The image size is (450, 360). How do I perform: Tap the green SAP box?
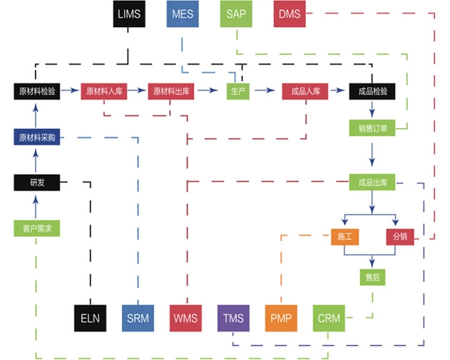237,14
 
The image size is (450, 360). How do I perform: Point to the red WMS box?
185,317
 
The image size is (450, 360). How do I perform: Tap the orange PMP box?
281,317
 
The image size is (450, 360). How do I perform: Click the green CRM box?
329,317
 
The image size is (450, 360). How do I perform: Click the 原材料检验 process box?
36,91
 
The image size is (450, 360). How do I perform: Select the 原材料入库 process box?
104,91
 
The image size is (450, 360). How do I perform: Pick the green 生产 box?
237,91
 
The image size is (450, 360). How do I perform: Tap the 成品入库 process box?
305,91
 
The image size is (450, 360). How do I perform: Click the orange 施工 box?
345,237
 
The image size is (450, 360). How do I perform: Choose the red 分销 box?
399,237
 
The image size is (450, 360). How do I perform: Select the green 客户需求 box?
36,229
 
